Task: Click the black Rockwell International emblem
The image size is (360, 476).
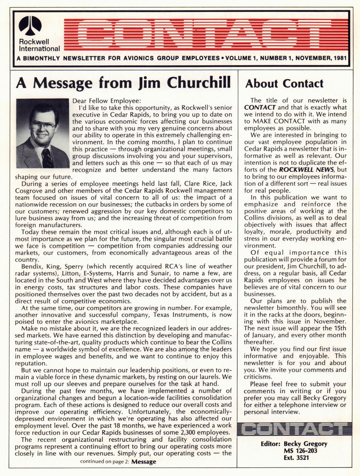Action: (30, 26)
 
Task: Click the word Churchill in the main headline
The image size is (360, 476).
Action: (199, 82)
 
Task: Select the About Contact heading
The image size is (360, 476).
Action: (284, 83)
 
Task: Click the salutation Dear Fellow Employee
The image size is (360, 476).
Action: (106, 101)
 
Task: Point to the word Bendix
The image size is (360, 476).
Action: (31, 266)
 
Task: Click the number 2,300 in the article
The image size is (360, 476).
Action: (186, 432)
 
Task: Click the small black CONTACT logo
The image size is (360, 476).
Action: (295, 429)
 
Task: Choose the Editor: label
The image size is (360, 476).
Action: (270, 444)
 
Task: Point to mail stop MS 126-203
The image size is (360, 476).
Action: (300, 451)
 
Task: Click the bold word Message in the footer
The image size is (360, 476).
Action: (144, 462)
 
